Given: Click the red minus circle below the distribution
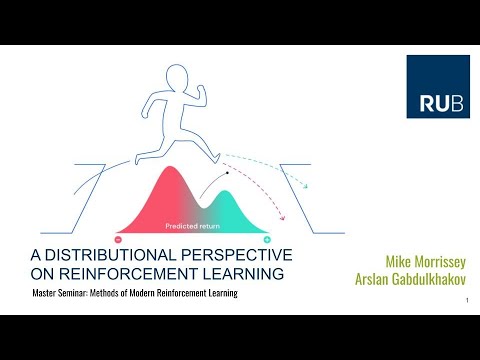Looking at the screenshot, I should click(x=119, y=240).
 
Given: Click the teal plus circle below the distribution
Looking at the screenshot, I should click(x=267, y=240).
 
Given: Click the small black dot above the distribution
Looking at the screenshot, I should click(x=228, y=173).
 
